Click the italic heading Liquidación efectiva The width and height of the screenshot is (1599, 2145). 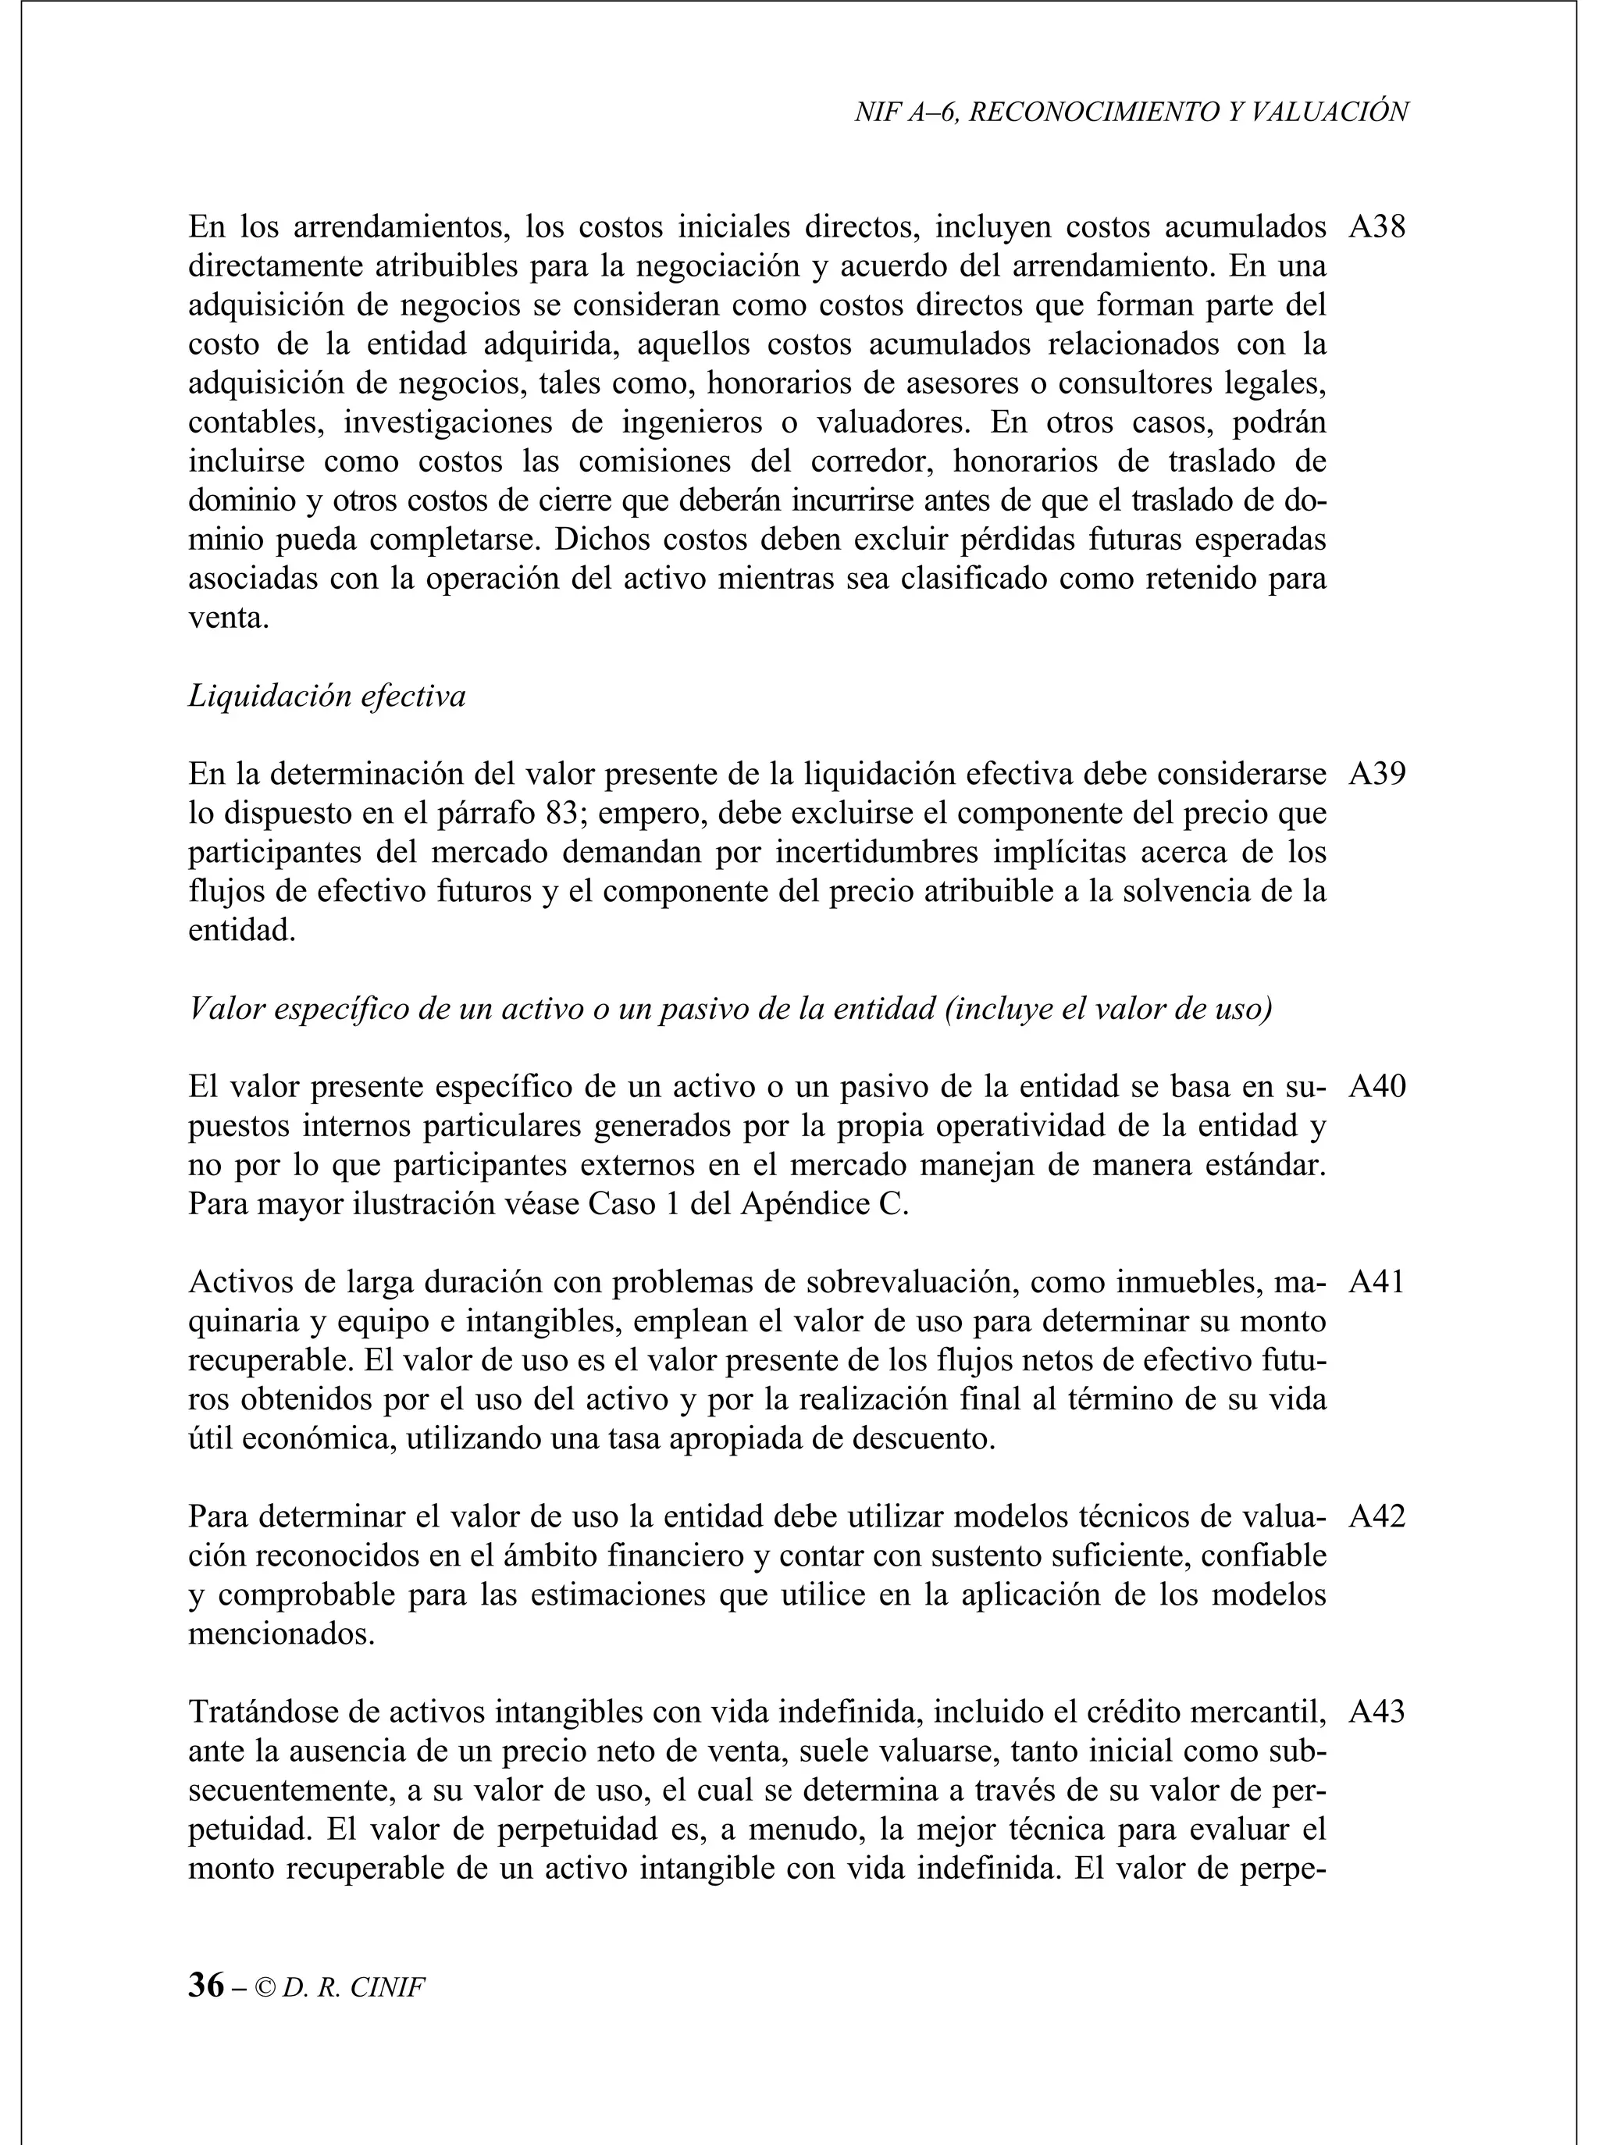click(x=326, y=696)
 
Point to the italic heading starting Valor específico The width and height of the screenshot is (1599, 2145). click(x=730, y=1009)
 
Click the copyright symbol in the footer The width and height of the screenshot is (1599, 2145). click(x=265, y=1988)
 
